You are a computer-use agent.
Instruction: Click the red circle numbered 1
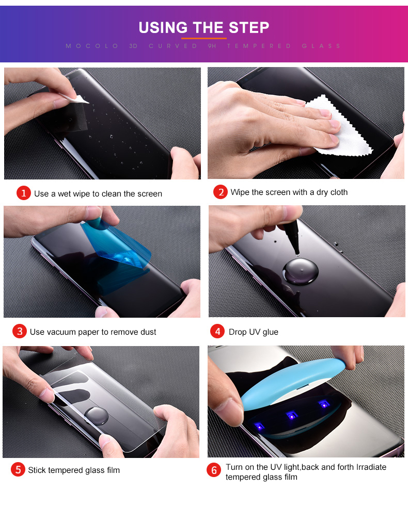pyautogui.click(x=24, y=193)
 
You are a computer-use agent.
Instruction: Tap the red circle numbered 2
pyautogui.click(x=221, y=192)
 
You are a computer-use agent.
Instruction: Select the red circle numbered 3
pyautogui.click(x=20, y=331)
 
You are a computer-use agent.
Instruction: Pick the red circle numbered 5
pyautogui.click(x=18, y=469)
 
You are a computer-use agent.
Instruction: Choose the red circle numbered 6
pyautogui.click(x=214, y=470)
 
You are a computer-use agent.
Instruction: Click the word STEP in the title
pyautogui.click(x=246, y=27)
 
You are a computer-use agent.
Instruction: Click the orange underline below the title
pyautogui.click(x=203, y=38)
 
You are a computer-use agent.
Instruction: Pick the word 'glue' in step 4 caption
pyautogui.click(x=270, y=332)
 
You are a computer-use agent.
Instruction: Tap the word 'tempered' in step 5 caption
pyautogui.click(x=65, y=470)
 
